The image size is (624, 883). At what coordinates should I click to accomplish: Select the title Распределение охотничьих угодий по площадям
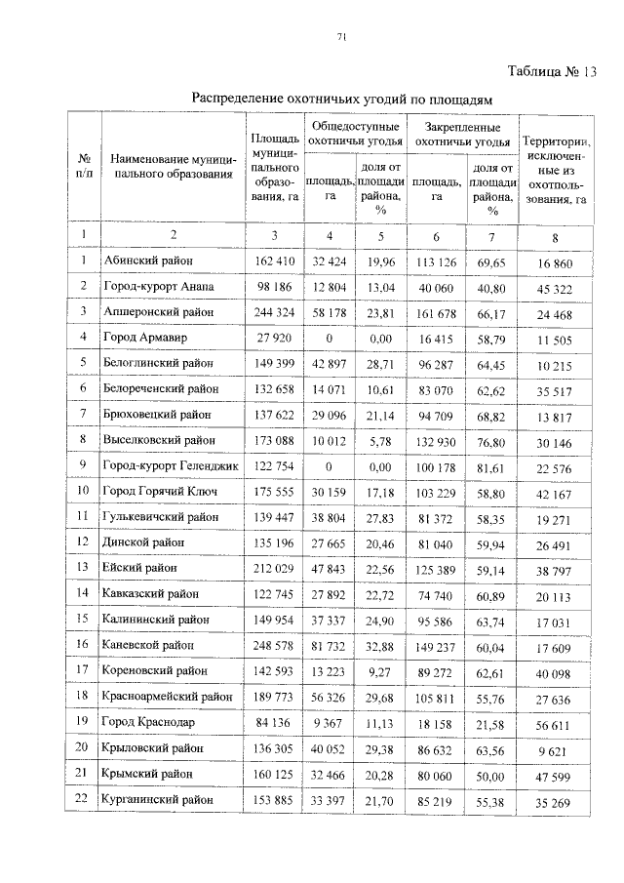pyautogui.click(x=342, y=99)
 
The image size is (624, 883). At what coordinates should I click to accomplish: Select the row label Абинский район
pyautogui.click(x=147, y=261)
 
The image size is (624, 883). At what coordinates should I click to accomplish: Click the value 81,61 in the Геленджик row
pyautogui.click(x=493, y=466)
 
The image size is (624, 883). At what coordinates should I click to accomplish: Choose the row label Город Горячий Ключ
pyautogui.click(x=159, y=492)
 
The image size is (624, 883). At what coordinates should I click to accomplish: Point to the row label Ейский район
pyautogui.click(x=140, y=569)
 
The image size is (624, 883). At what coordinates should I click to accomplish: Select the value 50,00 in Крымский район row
pyautogui.click(x=493, y=774)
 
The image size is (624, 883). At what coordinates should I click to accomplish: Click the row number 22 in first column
pyautogui.click(x=84, y=799)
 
